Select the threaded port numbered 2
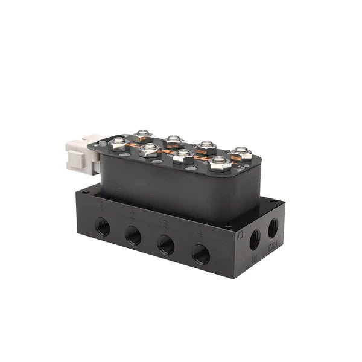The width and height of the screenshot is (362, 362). (133, 237)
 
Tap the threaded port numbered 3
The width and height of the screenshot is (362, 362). (165, 246)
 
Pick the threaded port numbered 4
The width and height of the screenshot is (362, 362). (201, 255)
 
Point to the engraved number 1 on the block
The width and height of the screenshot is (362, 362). (103, 208)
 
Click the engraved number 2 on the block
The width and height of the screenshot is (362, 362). (133, 215)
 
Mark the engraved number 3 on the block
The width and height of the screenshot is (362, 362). (165, 223)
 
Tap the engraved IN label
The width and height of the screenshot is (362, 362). (255, 260)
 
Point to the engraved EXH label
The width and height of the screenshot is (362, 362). (272, 248)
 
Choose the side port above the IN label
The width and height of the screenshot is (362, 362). (255, 240)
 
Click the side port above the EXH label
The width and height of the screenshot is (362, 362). (273, 227)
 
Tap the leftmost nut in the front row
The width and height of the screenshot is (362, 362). (119, 144)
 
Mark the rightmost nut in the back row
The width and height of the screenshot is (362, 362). (241, 153)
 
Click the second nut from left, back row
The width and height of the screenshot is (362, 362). (174, 141)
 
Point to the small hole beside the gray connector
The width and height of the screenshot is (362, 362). (100, 144)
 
